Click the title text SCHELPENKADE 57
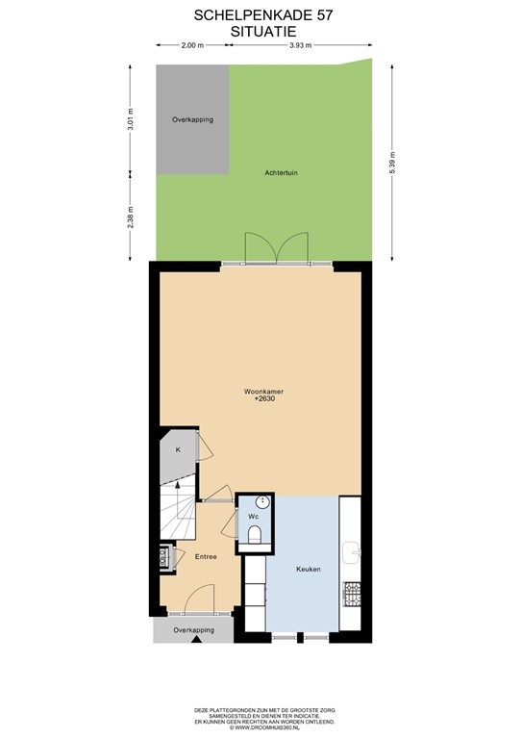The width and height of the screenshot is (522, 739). click(261, 15)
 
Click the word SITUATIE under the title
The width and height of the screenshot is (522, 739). click(261, 31)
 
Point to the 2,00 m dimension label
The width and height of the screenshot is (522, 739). click(192, 45)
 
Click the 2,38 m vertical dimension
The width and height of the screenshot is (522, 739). click(131, 217)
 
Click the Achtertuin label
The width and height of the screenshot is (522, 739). click(284, 173)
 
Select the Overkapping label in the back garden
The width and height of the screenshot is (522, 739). click(192, 119)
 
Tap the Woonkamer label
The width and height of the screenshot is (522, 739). click(262, 392)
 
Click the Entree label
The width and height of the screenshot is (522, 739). click(206, 556)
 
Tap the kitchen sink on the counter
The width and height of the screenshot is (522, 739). click(352, 553)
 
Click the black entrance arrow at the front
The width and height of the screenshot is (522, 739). click(196, 637)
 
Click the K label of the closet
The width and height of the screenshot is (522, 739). click(178, 450)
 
